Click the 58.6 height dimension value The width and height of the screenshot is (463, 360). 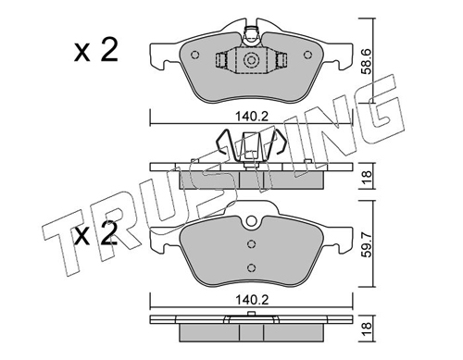click(x=367, y=61)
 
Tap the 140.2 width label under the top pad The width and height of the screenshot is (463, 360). click(x=252, y=117)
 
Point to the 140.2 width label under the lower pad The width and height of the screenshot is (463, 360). click(x=252, y=300)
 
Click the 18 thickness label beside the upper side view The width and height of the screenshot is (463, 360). click(x=367, y=178)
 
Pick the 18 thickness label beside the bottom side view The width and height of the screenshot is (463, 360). click(x=367, y=328)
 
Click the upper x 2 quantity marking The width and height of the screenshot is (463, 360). click(x=96, y=51)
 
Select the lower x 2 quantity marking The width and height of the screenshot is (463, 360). click(x=96, y=234)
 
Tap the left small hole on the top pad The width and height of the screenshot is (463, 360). click(x=195, y=55)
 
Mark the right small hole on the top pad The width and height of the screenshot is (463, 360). click(x=307, y=55)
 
